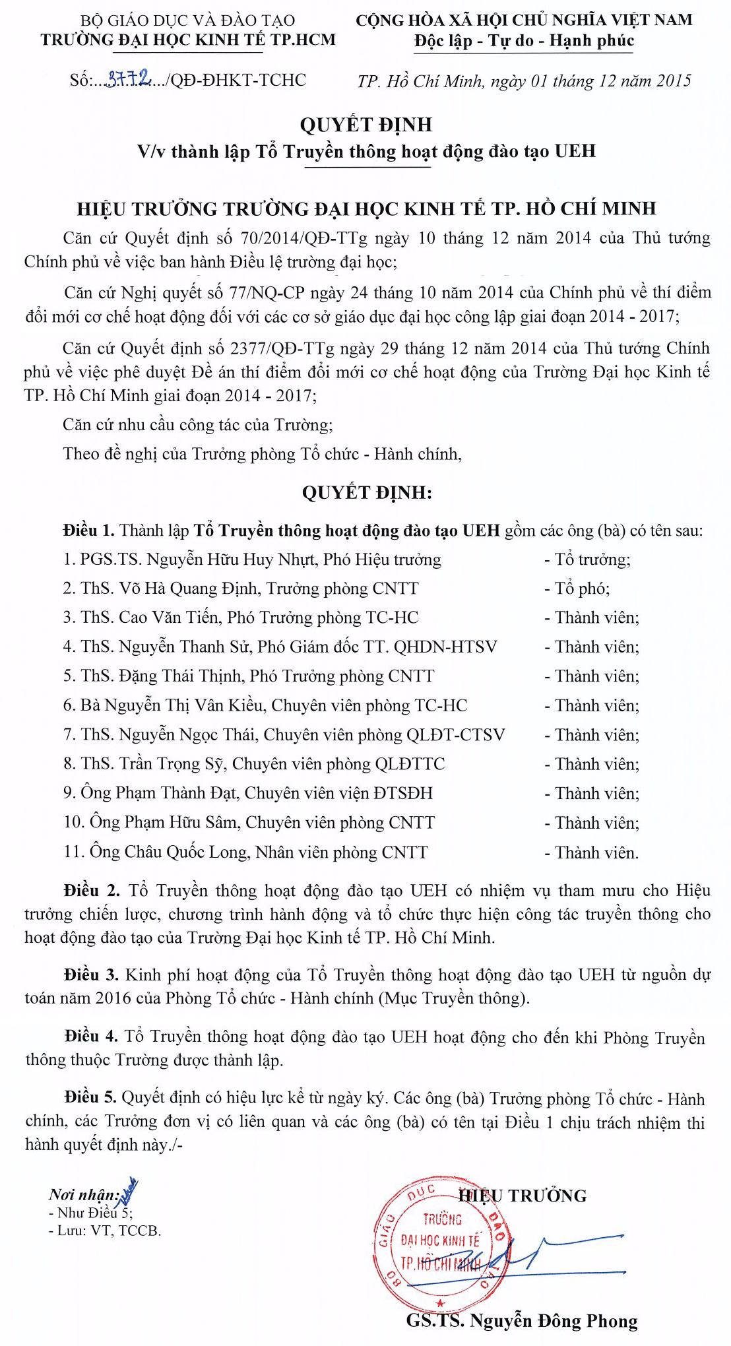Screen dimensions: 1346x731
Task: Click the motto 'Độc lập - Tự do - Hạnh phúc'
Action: pyautogui.click(x=524, y=41)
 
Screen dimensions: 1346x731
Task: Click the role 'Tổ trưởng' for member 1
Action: pyautogui.click(x=592, y=560)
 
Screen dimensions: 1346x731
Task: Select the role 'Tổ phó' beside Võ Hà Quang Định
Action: pyautogui.click(x=581, y=589)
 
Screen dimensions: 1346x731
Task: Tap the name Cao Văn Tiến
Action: pyautogui.click(x=170, y=618)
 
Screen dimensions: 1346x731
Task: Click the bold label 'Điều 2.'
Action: pyautogui.click(x=92, y=891)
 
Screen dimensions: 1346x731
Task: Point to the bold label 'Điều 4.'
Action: pyautogui.click(x=91, y=1037)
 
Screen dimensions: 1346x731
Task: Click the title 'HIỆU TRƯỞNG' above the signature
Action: pyautogui.click(x=524, y=1196)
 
